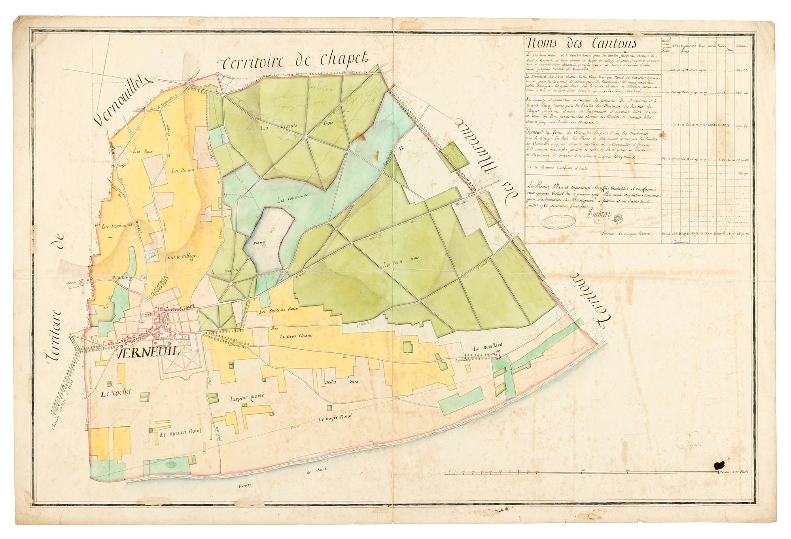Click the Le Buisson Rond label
point(178,433)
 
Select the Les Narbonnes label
point(112,227)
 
